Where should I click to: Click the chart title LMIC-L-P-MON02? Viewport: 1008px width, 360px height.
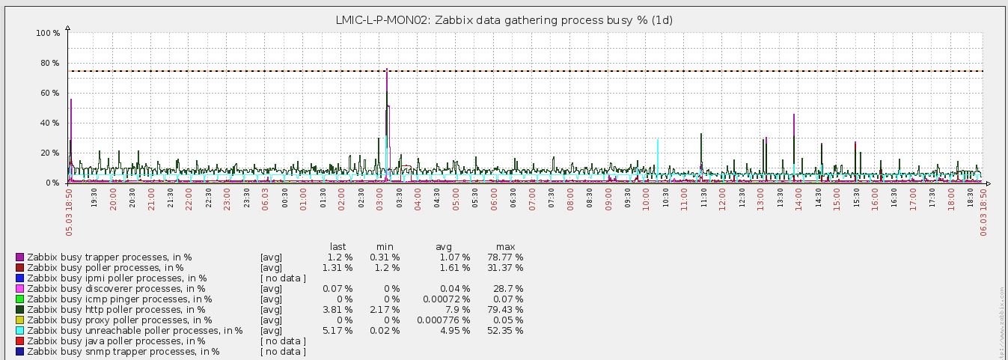pyautogui.click(x=504, y=20)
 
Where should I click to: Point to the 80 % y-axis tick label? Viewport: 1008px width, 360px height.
pyautogui.click(x=48, y=63)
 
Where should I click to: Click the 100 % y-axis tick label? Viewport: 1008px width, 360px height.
pyautogui.click(x=47, y=33)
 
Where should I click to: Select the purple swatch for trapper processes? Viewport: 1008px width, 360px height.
pyautogui.click(x=19, y=257)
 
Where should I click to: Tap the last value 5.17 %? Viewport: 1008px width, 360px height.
pyautogui.click(x=337, y=330)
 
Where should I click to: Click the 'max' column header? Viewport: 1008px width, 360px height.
pyautogui.click(x=505, y=246)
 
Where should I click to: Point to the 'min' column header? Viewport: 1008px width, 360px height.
pyautogui.click(x=385, y=246)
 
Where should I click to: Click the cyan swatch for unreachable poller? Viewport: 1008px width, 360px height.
pyautogui.click(x=19, y=330)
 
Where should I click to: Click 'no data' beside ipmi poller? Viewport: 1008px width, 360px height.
pyautogui.click(x=283, y=278)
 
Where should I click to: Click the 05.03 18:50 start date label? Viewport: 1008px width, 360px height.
pyautogui.click(x=70, y=213)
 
